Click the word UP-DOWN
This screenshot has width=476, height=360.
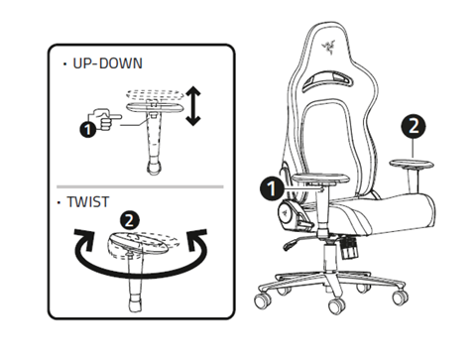(102, 62)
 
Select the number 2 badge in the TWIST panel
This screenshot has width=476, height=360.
(128, 220)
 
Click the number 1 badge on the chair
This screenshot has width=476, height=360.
(270, 185)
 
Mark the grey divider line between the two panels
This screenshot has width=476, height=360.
(139, 184)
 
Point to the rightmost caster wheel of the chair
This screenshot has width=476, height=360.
(398, 297)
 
